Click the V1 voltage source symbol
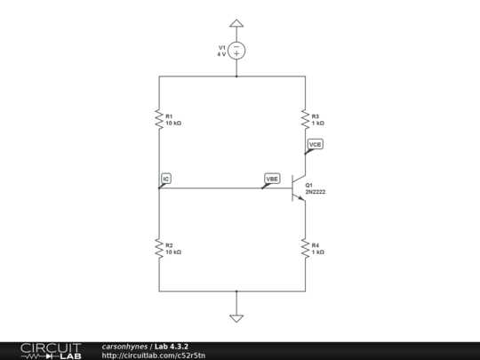[x=236, y=51]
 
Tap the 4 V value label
[x=221, y=54]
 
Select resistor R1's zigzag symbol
[x=159, y=119]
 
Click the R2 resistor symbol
[x=159, y=248]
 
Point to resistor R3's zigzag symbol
[x=305, y=119]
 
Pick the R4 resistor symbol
[x=305, y=248]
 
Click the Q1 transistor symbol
[x=297, y=188]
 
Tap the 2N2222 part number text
[x=316, y=191]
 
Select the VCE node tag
[x=315, y=143]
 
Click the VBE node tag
[x=272, y=179]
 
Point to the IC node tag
[x=166, y=179]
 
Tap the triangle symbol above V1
[x=236, y=24]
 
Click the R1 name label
[x=169, y=115]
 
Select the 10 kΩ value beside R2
[x=173, y=252]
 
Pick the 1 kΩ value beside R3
[x=317, y=123]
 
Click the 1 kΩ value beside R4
[x=317, y=252]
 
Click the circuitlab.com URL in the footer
[x=154, y=356]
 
